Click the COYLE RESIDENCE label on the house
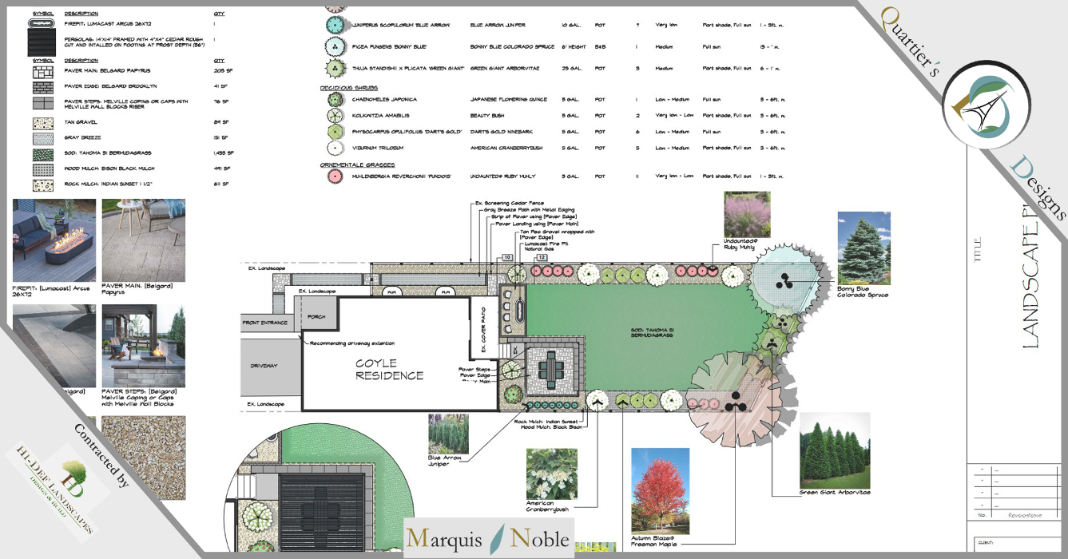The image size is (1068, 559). tap(390, 370)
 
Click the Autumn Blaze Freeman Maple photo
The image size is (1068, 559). tap(660, 490)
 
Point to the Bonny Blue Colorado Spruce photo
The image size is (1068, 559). tap(864, 247)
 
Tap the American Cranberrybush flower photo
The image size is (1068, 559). tap(552, 474)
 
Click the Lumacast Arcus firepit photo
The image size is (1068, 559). tap(54, 240)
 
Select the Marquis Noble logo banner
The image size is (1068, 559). tap(489, 538)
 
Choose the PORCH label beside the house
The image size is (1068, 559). tap(316, 317)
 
